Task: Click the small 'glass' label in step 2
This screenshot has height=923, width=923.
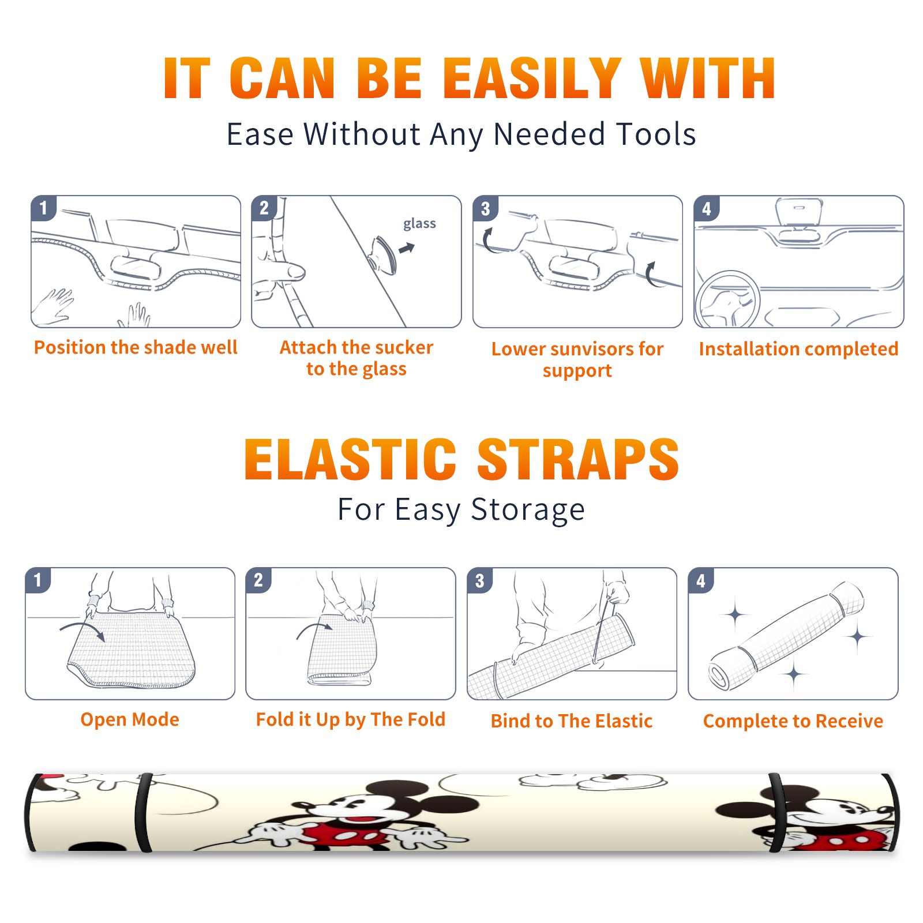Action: pyautogui.click(x=419, y=224)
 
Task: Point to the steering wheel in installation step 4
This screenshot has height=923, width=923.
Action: pyautogui.click(x=727, y=299)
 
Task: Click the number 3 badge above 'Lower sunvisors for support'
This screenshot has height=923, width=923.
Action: pyautogui.click(x=486, y=208)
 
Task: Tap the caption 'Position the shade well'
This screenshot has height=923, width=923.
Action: pyautogui.click(x=136, y=347)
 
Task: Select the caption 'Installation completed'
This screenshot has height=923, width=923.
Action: pyautogui.click(x=798, y=349)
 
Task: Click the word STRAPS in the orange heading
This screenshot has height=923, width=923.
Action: pyautogui.click(x=578, y=459)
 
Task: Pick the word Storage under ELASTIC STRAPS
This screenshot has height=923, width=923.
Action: pyautogui.click(x=528, y=510)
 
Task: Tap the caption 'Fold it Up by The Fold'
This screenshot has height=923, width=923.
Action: pyautogui.click(x=351, y=720)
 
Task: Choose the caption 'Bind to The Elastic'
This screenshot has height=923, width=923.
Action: pyautogui.click(x=572, y=721)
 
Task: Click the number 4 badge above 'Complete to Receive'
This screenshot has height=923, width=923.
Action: pyautogui.click(x=701, y=580)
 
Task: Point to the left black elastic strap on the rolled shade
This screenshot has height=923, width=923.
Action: pyautogui.click(x=144, y=812)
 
